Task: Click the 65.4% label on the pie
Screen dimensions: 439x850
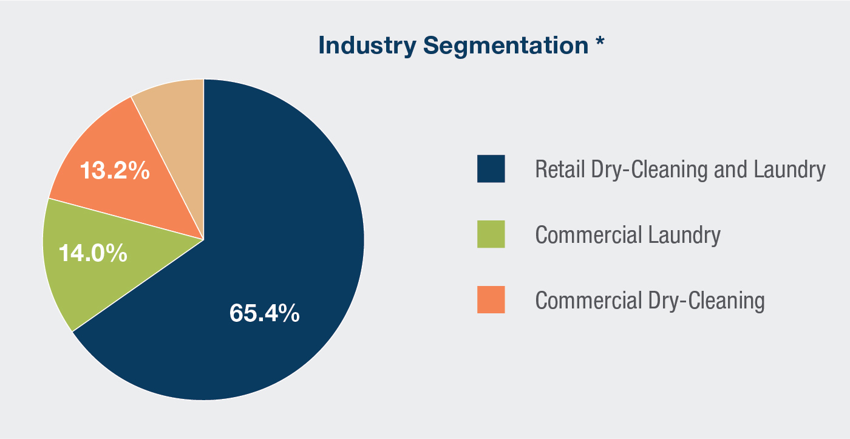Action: tap(264, 313)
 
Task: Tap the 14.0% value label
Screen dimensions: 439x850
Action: tap(93, 253)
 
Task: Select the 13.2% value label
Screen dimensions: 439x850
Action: tap(115, 171)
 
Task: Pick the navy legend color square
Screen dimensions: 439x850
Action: tap(491, 169)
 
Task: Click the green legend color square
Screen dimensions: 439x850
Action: tap(491, 234)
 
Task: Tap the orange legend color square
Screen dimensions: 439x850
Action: tap(491, 300)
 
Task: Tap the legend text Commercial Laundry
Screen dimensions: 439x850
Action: tap(628, 235)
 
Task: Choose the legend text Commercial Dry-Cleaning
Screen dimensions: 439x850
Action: tap(650, 301)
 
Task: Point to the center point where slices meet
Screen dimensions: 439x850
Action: tap(203, 239)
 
